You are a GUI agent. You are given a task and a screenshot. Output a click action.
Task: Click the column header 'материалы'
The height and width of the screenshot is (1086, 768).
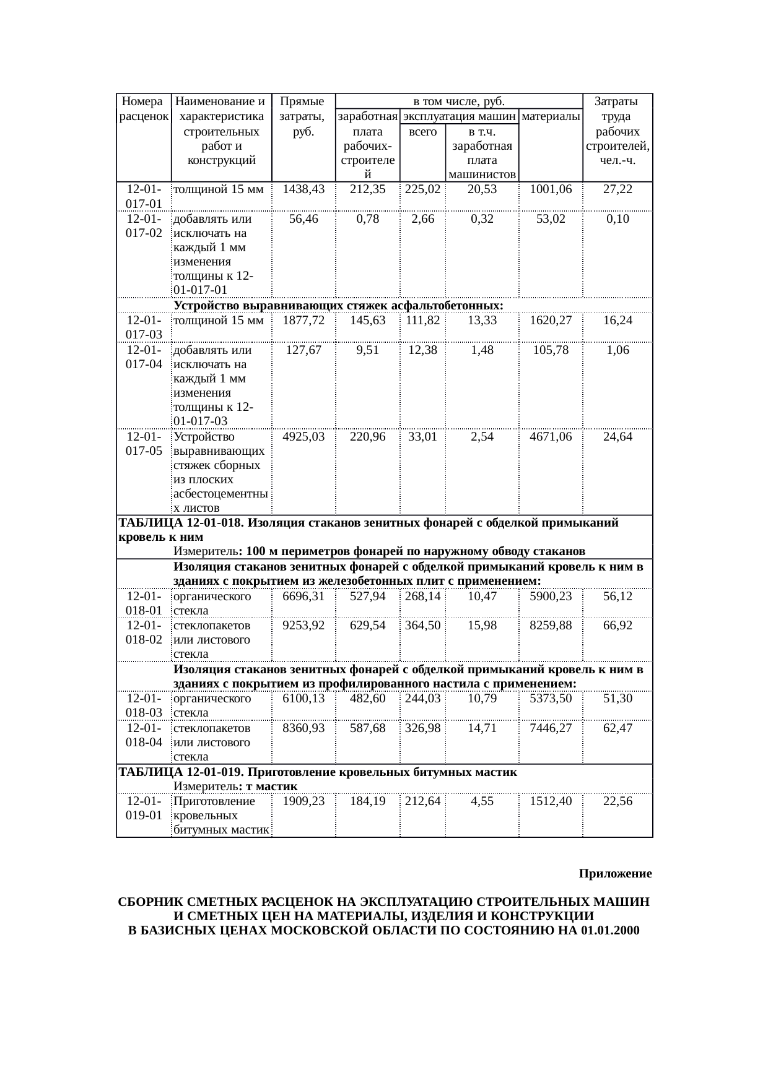coord(551,116)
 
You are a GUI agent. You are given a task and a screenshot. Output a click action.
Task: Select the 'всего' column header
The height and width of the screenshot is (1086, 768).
coord(423,131)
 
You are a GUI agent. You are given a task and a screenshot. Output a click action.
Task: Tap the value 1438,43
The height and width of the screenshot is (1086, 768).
coord(303,189)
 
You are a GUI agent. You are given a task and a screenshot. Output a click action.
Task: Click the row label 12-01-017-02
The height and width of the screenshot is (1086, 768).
coord(144,226)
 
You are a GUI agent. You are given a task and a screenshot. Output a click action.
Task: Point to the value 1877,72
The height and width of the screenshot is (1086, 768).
coord(303,321)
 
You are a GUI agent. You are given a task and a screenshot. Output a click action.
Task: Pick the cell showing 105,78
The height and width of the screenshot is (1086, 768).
coord(551,350)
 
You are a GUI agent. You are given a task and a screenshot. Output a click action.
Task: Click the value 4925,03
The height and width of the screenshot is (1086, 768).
coord(303,437)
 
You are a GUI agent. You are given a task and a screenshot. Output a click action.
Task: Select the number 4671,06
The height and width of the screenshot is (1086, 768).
coord(551,437)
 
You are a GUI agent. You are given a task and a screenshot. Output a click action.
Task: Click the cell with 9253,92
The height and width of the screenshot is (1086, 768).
coord(303,626)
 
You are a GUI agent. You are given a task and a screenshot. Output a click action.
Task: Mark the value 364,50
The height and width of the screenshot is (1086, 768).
coord(423,626)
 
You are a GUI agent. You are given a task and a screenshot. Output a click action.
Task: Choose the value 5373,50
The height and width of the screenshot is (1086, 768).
coord(551,699)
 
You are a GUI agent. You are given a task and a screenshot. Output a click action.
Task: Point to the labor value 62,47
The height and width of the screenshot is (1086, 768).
coord(617,728)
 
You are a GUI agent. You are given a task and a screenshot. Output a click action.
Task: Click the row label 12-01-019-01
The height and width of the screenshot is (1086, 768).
coord(144,808)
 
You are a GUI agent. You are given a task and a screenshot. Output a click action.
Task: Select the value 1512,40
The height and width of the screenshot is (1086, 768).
coord(551,801)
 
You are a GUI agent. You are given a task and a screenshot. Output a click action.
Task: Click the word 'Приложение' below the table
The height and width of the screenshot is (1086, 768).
coord(615,874)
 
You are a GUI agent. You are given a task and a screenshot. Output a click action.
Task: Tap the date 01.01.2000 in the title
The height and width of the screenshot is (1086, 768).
coord(610,931)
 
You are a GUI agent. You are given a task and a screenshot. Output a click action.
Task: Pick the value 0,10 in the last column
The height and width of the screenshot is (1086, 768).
coord(617,219)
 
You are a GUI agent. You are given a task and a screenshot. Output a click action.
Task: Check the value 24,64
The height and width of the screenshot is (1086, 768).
coord(617,437)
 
